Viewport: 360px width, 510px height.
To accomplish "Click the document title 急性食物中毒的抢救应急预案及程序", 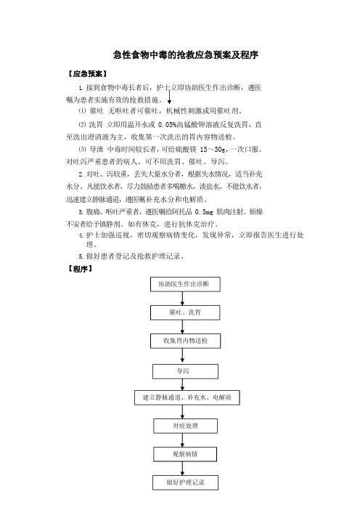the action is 186,54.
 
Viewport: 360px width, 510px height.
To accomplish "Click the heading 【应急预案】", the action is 87,74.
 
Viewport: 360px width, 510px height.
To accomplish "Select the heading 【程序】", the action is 80,269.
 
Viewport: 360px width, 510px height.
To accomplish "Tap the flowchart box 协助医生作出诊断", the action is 185,284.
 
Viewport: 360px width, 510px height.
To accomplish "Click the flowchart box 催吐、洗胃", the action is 185,312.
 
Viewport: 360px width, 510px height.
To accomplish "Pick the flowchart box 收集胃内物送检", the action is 185,341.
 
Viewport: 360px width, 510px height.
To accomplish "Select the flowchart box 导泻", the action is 185,371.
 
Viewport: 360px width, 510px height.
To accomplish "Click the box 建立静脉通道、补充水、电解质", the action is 187,397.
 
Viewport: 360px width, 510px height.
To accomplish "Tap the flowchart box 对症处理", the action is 185,426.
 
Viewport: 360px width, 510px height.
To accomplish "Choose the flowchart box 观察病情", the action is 185,454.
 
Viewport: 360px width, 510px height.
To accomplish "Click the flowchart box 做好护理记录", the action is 185,482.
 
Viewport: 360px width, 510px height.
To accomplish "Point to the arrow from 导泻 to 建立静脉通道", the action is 182,384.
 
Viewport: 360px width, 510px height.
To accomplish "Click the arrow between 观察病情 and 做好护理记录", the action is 182,469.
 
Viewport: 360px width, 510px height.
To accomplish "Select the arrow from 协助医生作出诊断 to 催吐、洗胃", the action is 182,299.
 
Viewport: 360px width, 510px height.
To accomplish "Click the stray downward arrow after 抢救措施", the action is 169,97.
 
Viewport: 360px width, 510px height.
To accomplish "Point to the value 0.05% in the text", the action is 167,124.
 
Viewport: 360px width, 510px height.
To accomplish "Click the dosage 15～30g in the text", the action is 213,149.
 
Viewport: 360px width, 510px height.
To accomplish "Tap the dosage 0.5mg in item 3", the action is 204,212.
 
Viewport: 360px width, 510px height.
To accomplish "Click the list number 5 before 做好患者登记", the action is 81,256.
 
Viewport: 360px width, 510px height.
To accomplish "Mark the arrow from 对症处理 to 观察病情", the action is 182,440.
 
